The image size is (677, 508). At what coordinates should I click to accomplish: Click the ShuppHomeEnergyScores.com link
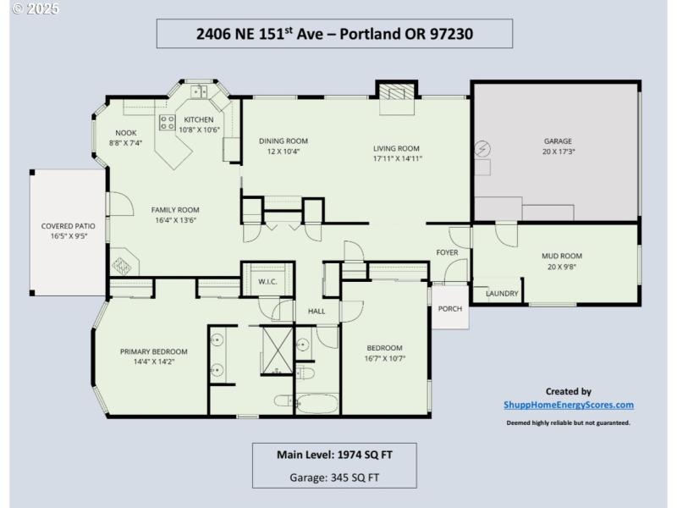tap(568, 406)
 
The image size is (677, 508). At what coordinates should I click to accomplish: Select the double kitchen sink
tap(200, 91)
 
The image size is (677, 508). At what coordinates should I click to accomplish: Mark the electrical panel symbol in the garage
tap(482, 149)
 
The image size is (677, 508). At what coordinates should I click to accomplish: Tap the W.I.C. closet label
tap(267, 281)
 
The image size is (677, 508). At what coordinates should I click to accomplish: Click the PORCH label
tap(450, 308)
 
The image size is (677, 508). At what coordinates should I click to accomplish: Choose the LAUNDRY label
tap(502, 294)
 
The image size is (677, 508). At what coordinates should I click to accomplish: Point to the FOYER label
tap(447, 253)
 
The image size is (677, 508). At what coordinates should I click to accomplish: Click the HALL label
tap(316, 312)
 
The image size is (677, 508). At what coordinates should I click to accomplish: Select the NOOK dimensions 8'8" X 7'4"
tap(125, 143)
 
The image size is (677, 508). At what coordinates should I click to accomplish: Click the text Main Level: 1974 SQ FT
tap(334, 455)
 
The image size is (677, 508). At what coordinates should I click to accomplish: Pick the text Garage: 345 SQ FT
tap(334, 477)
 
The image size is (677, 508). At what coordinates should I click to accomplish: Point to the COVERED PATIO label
tap(68, 227)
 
